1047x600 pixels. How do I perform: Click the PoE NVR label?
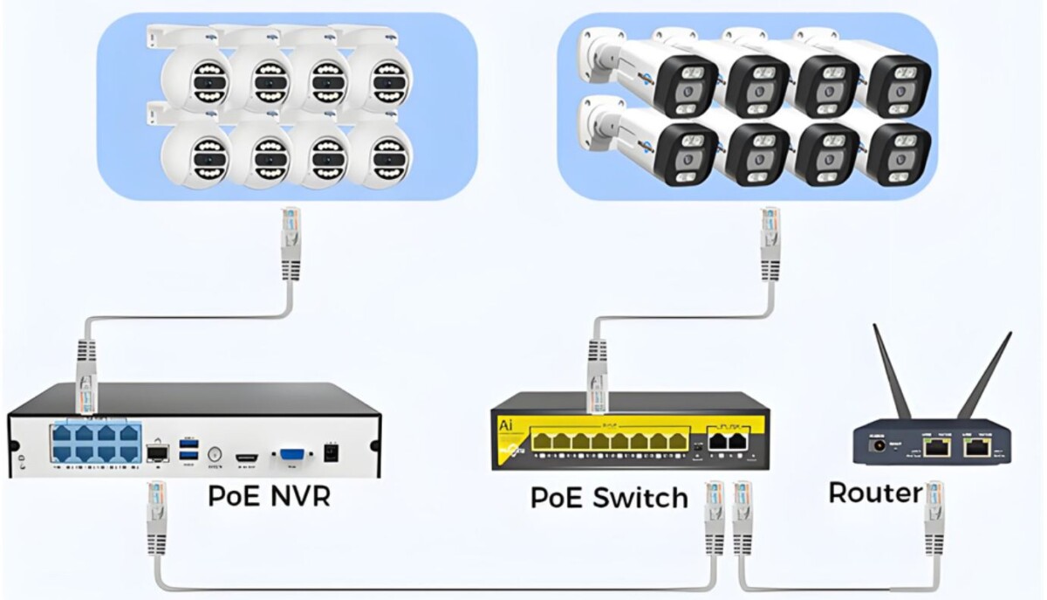point(269,495)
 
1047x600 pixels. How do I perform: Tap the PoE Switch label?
point(609,498)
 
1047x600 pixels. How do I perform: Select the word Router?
point(874,493)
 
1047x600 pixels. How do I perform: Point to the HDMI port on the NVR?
point(247,455)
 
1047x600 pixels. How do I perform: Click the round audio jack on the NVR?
point(216,453)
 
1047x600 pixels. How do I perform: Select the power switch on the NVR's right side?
point(331,453)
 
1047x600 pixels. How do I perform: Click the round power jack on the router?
point(874,448)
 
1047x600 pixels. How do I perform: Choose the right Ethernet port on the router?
point(976,447)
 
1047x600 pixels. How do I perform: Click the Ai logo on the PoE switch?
point(504,425)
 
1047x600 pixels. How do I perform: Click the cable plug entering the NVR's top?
point(86,384)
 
